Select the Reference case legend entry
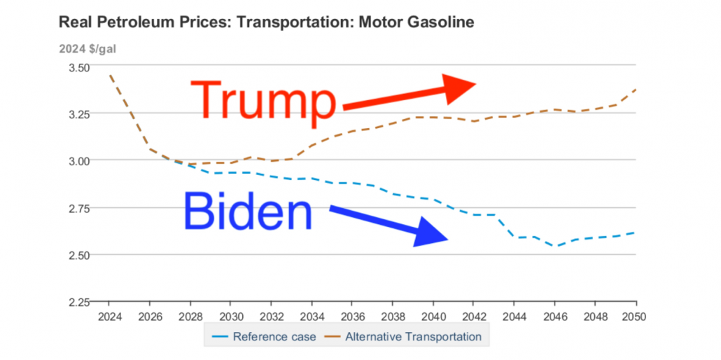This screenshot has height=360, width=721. click(x=264, y=336)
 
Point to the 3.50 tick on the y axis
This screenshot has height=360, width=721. click(x=79, y=67)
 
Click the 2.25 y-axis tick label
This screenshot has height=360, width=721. click(x=79, y=302)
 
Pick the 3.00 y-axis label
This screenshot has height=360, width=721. click(x=79, y=161)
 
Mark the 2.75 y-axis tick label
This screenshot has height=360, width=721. click(x=79, y=208)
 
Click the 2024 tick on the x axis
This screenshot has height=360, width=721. click(x=110, y=315)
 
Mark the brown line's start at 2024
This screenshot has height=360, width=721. click(x=111, y=74)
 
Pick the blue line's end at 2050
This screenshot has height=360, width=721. click(x=636, y=233)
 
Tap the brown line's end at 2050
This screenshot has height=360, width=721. click(x=636, y=89)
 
